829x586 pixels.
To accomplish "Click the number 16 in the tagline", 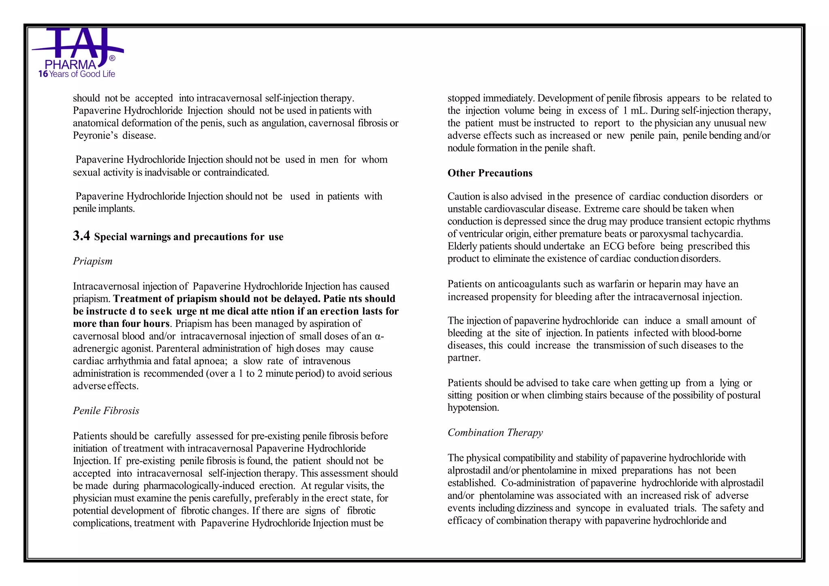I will point(43,74).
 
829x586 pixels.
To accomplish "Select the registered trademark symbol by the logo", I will point(112,59).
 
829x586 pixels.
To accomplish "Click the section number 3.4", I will point(81,236).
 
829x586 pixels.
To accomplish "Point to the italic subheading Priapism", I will point(93,261).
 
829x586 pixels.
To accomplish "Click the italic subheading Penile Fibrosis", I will point(106,411).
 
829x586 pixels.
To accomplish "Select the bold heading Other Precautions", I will point(490,173).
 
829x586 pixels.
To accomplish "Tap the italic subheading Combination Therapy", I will point(495,433).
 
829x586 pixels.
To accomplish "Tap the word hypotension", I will point(473,408).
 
